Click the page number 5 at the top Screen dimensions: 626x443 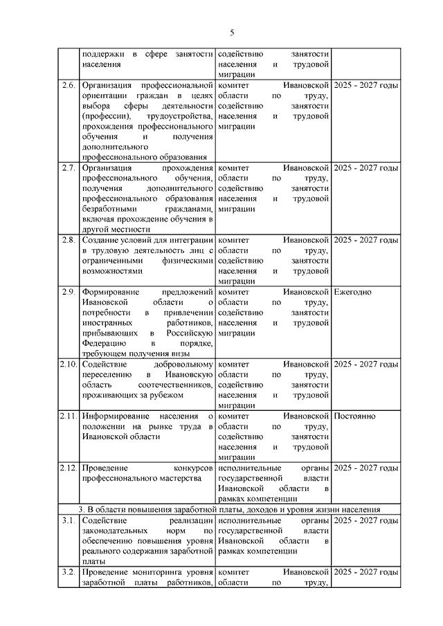coord(232,32)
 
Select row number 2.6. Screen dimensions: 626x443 coord(69,85)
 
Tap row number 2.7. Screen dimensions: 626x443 coord(69,168)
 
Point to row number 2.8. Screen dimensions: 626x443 coord(69,240)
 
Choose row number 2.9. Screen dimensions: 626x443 coord(69,292)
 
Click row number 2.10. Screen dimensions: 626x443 coord(68,364)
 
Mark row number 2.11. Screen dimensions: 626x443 coord(68,416)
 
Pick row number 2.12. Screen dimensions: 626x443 coord(68,468)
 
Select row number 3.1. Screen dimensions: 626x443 coord(69,520)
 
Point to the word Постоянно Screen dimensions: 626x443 coord(354,416)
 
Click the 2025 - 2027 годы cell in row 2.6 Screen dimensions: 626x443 coord(365,85)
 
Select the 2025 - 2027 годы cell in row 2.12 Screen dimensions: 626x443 coord(365,468)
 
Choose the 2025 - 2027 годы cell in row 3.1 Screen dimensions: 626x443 coord(365,520)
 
